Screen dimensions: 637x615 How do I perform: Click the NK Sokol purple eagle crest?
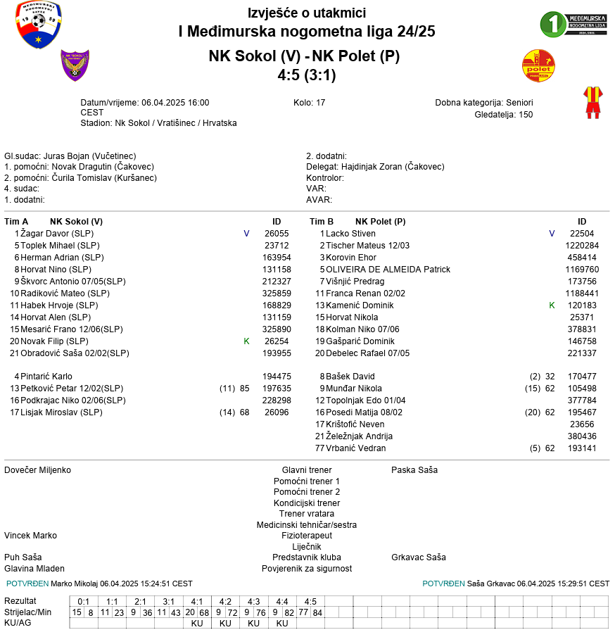pos(75,65)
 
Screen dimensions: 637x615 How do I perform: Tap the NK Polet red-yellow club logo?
pos(538,66)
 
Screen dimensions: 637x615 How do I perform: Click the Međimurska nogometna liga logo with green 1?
pos(573,23)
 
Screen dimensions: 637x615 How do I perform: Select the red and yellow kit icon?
pos(592,103)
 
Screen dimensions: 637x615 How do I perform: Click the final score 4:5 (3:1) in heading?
pos(307,75)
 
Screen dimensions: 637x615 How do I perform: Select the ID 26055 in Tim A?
pos(277,234)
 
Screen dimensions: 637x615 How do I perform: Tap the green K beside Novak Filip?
pos(246,341)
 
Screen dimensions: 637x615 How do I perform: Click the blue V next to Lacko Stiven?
pos(552,234)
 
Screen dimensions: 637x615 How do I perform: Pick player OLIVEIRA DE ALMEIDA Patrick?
pos(388,270)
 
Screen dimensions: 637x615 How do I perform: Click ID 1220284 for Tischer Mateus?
pos(582,246)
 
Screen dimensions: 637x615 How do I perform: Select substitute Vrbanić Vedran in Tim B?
pos(356,448)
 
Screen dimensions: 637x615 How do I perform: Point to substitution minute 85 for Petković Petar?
pos(244,389)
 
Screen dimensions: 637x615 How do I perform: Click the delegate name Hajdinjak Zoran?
pos(398,167)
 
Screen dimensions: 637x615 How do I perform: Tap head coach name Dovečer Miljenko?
pos(37,470)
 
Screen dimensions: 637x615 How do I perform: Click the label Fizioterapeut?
pos(307,536)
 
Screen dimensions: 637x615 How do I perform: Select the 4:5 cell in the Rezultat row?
pos(310,601)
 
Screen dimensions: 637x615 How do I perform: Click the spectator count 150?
pos(526,115)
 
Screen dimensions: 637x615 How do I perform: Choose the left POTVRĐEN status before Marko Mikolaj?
pos(27,584)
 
